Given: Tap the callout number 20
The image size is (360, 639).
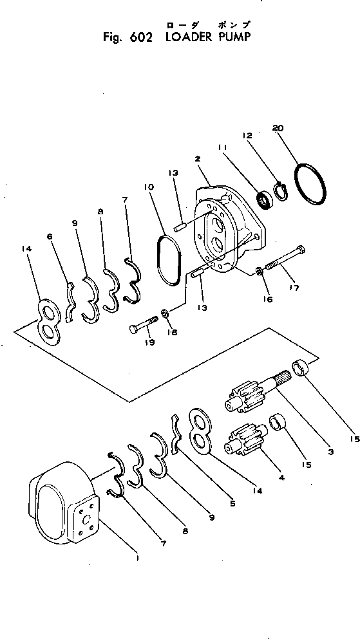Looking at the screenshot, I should pyautogui.click(x=278, y=128).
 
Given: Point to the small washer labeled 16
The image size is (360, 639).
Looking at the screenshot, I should pyautogui.click(x=259, y=272).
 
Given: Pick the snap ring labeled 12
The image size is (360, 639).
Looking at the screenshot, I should pyautogui.click(x=280, y=191).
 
